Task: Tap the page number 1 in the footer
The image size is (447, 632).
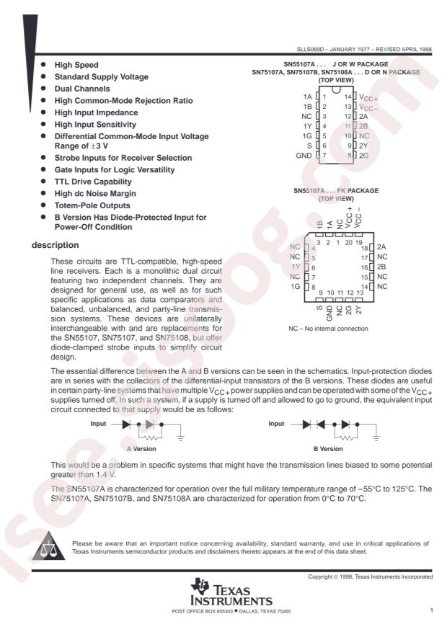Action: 430,612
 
